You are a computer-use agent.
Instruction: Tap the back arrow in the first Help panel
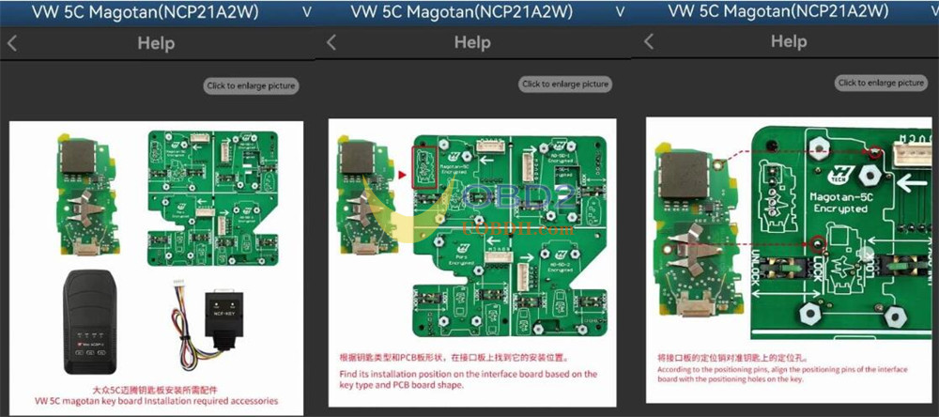(x=12, y=42)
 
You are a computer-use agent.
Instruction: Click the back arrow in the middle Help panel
(x=330, y=42)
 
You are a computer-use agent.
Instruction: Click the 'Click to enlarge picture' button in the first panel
(x=252, y=85)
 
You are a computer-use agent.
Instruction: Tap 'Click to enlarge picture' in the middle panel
(x=566, y=84)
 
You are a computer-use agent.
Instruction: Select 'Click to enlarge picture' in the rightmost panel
(x=882, y=83)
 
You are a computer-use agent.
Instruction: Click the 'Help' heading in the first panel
(x=155, y=42)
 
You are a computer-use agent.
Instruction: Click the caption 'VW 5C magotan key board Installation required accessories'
(x=156, y=401)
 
